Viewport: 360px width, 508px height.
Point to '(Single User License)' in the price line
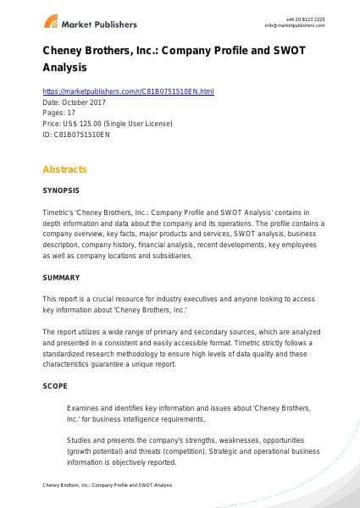tap(140, 123)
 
